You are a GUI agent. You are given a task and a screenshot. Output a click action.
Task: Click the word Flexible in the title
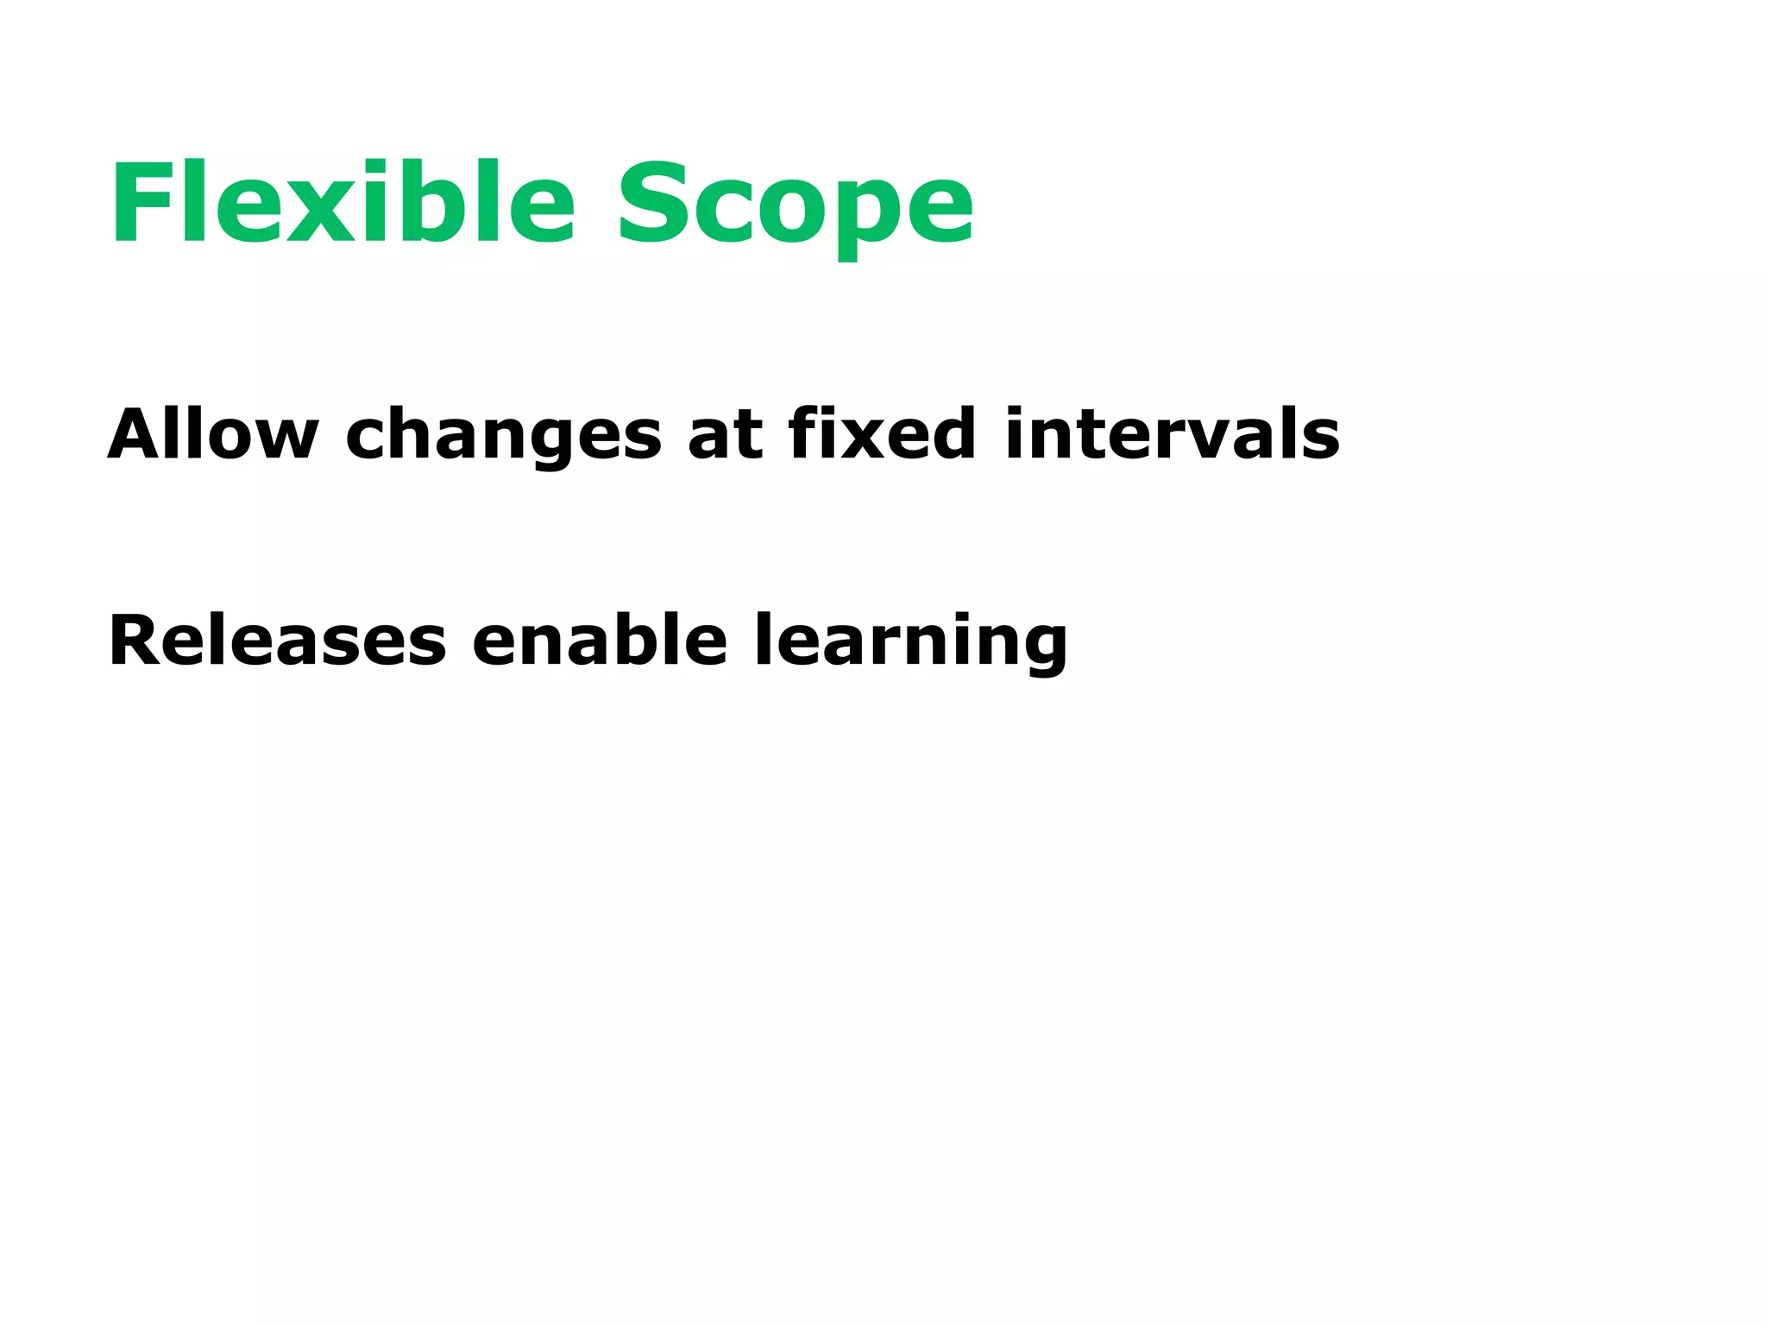tap(342, 204)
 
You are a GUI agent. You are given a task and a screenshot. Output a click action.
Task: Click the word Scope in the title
tap(795, 207)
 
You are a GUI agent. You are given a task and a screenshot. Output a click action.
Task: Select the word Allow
tap(212, 433)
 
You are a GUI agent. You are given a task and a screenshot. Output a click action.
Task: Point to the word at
tap(725, 435)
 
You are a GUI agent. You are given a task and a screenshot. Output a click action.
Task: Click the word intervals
tap(1172, 433)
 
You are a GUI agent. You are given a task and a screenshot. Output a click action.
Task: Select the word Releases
tap(277, 641)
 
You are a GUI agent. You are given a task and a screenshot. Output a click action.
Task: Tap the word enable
tap(600, 641)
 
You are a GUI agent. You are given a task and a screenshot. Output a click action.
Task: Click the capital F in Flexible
tap(141, 204)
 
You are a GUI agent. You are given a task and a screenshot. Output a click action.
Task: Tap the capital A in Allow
tap(138, 433)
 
